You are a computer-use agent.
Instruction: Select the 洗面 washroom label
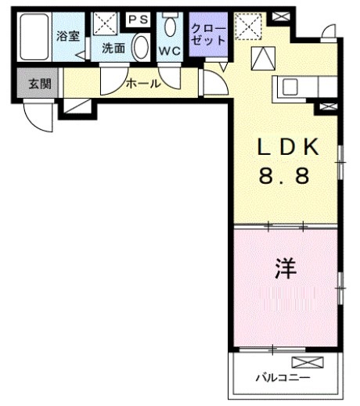click(x=113, y=48)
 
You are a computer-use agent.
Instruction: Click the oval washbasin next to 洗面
click(x=141, y=48)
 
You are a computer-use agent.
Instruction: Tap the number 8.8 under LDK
click(x=285, y=177)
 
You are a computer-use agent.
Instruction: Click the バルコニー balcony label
click(x=282, y=378)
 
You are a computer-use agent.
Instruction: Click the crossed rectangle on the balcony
click(x=306, y=362)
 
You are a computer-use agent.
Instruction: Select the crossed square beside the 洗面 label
click(x=104, y=24)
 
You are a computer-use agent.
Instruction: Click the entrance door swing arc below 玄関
click(x=37, y=117)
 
